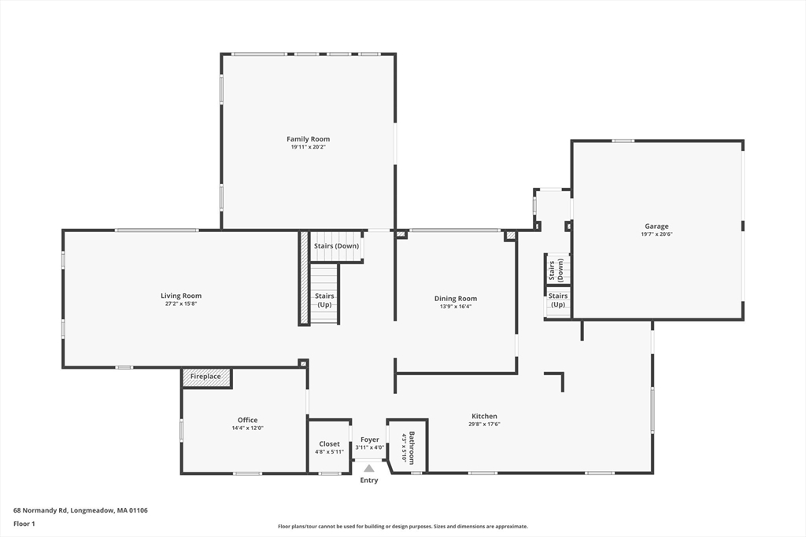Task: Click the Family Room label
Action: click(x=308, y=139)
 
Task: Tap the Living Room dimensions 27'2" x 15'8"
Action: click(x=181, y=303)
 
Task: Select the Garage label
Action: click(x=656, y=226)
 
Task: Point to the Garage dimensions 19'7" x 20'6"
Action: click(x=656, y=234)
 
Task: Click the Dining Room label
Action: click(x=455, y=299)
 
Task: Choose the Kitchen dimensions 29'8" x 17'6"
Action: click(x=484, y=424)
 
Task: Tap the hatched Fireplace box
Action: click(x=206, y=377)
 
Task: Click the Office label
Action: click(x=247, y=420)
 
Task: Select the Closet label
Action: click(x=329, y=444)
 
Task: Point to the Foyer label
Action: click(x=369, y=440)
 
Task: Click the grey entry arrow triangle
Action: click(x=369, y=469)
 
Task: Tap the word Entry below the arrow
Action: click(x=369, y=480)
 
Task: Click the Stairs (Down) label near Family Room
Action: click(x=336, y=246)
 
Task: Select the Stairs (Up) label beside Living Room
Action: click(x=324, y=300)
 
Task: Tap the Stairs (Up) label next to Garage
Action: click(x=558, y=300)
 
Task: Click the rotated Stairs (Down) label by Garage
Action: click(x=556, y=270)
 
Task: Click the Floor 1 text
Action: click(x=24, y=523)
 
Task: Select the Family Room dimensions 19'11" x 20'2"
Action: click(x=308, y=147)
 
